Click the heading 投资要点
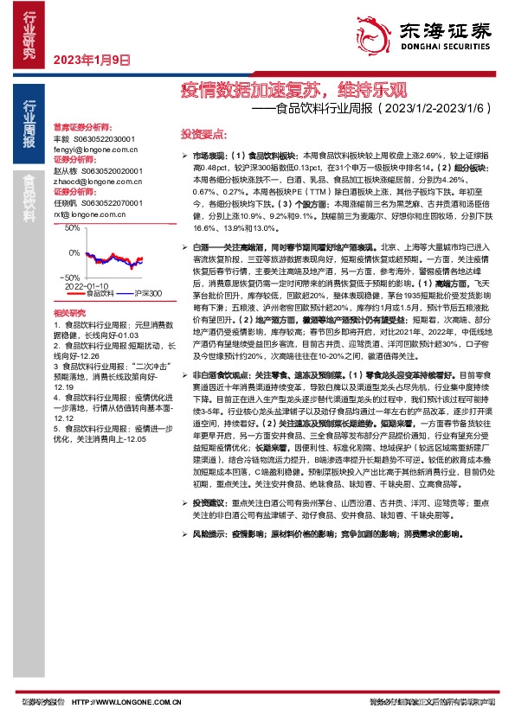(x=203, y=135)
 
